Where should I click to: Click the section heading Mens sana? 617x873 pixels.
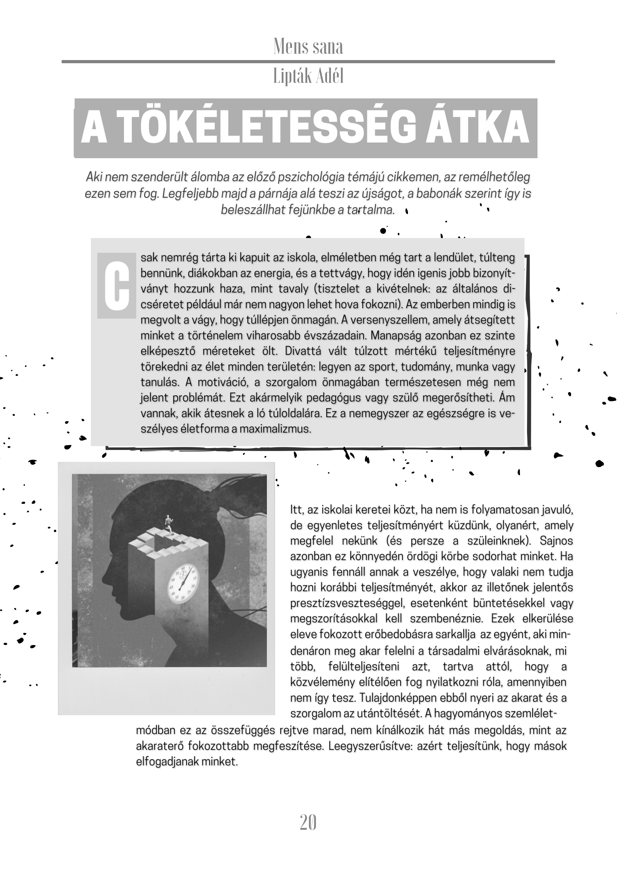click(x=308, y=47)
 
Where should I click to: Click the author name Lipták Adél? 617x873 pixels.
click(x=308, y=76)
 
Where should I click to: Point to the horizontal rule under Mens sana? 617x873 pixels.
click(x=308, y=61)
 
